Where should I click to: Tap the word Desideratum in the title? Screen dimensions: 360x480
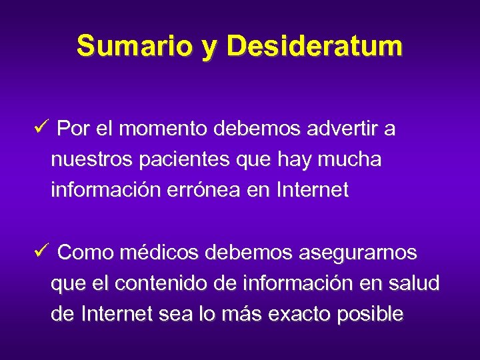click(x=315, y=46)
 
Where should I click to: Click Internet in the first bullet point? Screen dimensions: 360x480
click(x=311, y=191)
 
